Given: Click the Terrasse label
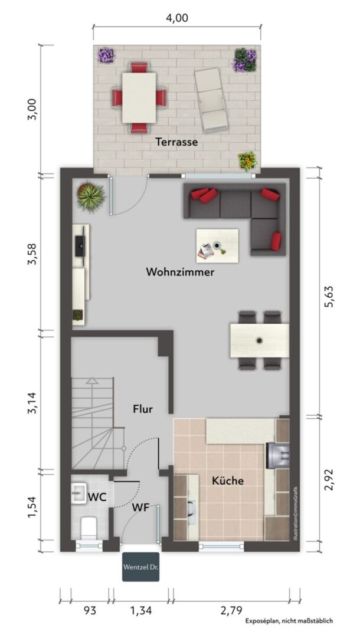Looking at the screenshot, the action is coord(176,142).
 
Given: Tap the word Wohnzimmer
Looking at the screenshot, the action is coord(180,272).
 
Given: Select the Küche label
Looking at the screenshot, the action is coord(228,481).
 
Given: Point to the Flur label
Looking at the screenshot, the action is coord(143,409).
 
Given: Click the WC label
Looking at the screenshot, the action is coord(97,497).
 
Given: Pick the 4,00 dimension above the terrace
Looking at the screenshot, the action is coord(177,18).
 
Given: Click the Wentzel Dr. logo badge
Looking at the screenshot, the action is coord(140,567).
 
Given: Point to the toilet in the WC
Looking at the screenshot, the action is coord(87,528).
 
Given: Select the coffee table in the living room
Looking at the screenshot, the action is coord(217,246).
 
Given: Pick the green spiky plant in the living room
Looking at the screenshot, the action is coord(91,197).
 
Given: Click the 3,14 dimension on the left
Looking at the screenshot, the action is coord(33,403).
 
